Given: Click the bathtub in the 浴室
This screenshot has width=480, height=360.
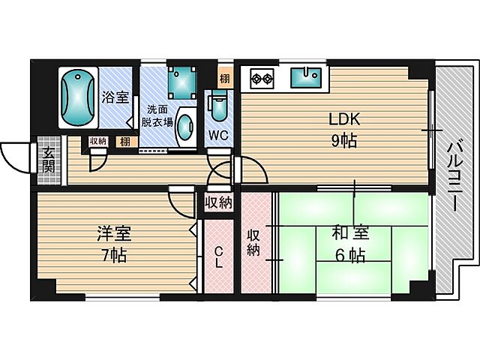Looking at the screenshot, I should tap(77, 98).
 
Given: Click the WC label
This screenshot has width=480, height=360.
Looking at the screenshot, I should tap(218, 135).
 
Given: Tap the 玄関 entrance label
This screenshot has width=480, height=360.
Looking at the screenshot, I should tap(48, 159).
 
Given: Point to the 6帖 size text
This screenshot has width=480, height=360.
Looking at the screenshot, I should tap(350, 255).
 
